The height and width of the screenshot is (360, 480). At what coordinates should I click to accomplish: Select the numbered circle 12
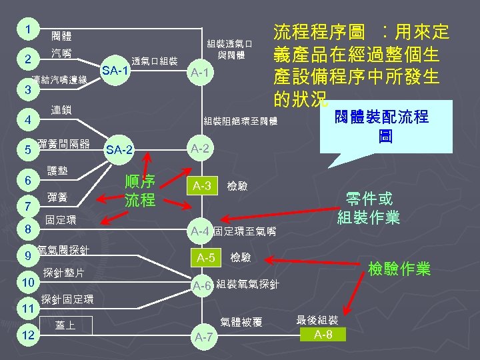click(28, 335)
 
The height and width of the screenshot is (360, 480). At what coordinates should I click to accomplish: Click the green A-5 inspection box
click(205, 257)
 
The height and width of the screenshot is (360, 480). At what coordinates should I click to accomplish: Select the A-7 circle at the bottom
click(203, 337)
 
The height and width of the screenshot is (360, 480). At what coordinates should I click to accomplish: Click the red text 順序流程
click(140, 190)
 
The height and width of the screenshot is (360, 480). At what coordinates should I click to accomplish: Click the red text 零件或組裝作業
click(369, 208)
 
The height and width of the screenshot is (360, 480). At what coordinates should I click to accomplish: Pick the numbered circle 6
click(28, 181)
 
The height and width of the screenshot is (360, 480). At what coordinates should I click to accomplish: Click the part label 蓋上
click(65, 325)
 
